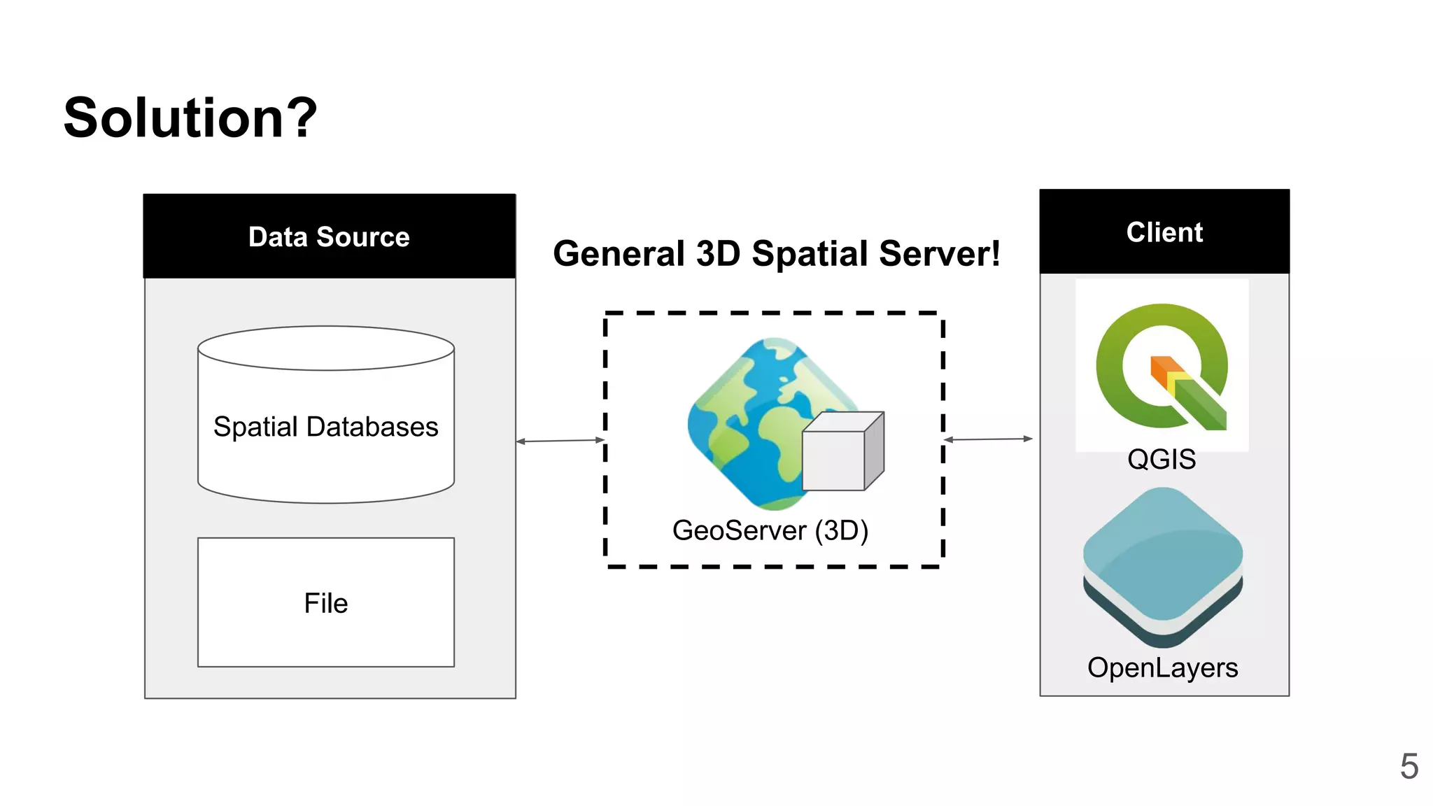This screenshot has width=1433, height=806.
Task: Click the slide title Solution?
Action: click(190, 118)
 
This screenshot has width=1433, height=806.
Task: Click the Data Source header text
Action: click(329, 237)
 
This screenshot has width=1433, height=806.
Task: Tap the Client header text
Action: click(1164, 232)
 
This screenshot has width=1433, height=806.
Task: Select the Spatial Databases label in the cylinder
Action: click(325, 427)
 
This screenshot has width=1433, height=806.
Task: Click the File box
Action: click(326, 602)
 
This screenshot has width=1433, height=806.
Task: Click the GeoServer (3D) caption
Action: click(770, 530)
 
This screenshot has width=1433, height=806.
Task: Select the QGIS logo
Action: click(1162, 365)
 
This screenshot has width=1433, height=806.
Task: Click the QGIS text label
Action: click(1162, 460)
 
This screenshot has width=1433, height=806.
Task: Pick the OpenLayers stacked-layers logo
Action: click(1163, 567)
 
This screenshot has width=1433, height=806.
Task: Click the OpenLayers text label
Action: click(1162, 667)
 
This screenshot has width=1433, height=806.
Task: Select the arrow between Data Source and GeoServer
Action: click(560, 441)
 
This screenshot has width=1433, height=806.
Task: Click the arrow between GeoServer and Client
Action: click(988, 439)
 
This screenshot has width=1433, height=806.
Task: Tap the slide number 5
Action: click(1409, 767)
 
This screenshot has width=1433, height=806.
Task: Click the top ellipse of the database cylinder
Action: click(326, 348)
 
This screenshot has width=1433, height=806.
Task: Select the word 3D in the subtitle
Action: click(718, 253)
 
